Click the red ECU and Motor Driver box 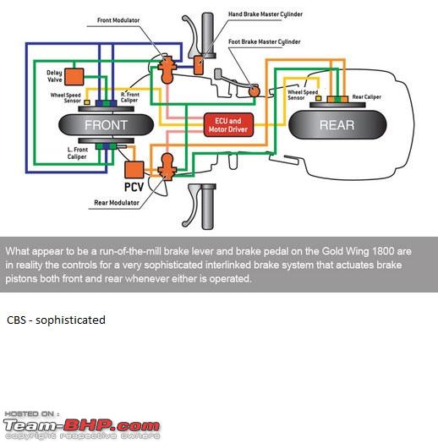228,125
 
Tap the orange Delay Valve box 74,77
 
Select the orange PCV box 134,170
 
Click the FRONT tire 106,125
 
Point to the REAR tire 337,125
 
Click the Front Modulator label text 118,20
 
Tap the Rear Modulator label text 117,203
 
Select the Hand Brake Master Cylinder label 266,14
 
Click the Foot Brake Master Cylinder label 264,41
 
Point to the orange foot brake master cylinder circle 254,91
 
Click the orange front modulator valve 167,70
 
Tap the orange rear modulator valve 167,167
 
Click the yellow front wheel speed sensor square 87,102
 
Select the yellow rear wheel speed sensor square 319,98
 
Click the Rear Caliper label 366,97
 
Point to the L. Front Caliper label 78,153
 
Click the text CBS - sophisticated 56,320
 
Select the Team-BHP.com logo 82,425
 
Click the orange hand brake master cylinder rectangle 199,65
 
